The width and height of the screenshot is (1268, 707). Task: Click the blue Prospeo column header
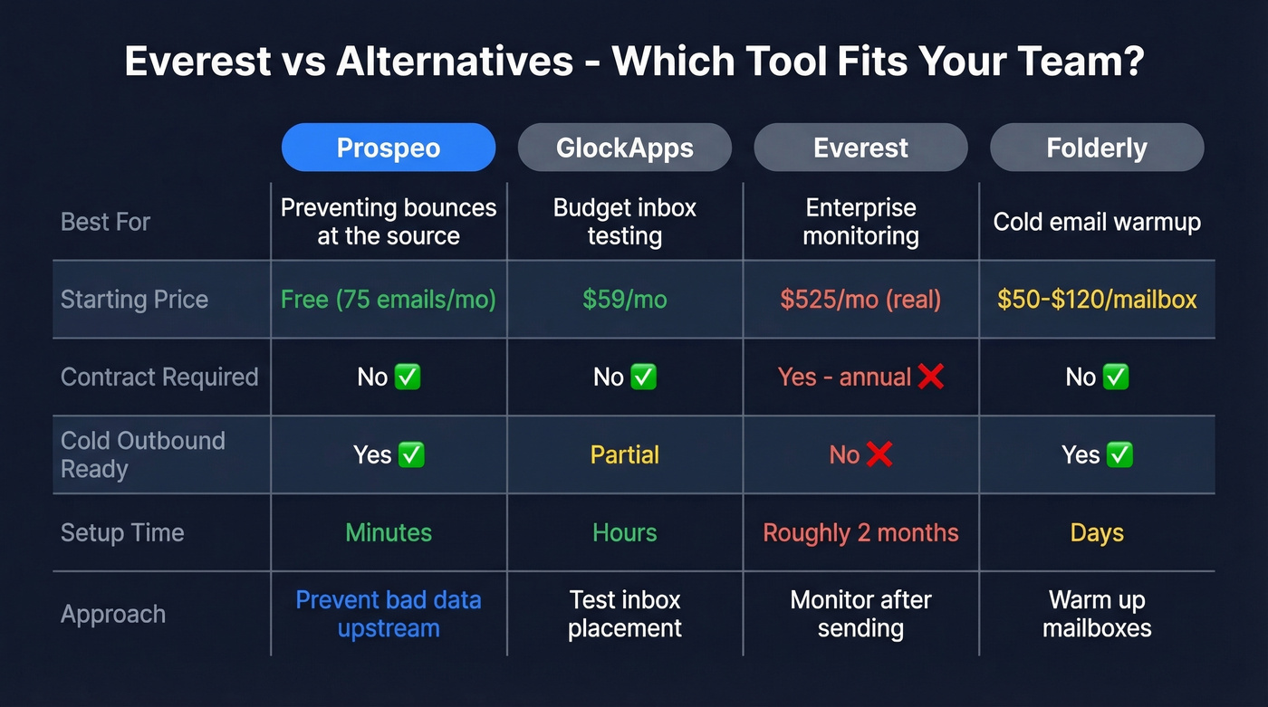point(389,148)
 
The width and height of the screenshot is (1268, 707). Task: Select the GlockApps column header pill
point(625,148)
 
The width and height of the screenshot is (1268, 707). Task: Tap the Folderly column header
point(1097,148)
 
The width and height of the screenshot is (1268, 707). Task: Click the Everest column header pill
point(860,148)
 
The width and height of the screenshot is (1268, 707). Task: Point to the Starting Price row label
point(134,300)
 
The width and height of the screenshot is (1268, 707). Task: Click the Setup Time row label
point(122,533)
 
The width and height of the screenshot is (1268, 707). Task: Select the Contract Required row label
point(159,377)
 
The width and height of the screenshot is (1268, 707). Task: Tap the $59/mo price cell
point(625,300)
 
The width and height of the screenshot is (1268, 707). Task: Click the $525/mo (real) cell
point(860,300)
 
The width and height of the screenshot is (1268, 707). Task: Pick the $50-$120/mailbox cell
point(1097,300)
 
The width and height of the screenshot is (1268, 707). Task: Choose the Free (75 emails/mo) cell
point(389,300)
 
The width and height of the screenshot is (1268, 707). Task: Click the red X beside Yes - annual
point(931,377)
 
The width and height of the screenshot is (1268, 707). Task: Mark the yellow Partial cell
point(625,454)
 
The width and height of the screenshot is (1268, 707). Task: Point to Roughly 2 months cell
point(860,533)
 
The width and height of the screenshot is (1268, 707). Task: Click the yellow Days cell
point(1097,533)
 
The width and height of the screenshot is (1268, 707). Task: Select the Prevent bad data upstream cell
point(389,614)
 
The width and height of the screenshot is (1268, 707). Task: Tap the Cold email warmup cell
point(1097,222)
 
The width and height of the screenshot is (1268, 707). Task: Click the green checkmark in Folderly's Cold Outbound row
point(1120,454)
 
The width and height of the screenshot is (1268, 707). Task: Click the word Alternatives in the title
point(455,62)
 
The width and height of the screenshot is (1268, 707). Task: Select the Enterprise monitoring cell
point(860,222)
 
